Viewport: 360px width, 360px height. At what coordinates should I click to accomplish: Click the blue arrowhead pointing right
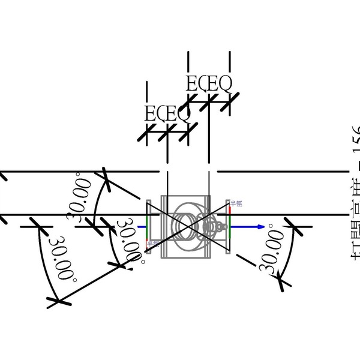pos(260,227)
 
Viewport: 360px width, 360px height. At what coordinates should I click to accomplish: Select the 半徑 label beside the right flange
pos(236,204)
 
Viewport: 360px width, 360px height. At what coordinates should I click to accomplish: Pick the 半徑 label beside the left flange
pos(153,244)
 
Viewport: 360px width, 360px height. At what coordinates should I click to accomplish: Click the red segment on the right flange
pos(230,208)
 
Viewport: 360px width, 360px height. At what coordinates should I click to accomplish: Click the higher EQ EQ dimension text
pos(208,85)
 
